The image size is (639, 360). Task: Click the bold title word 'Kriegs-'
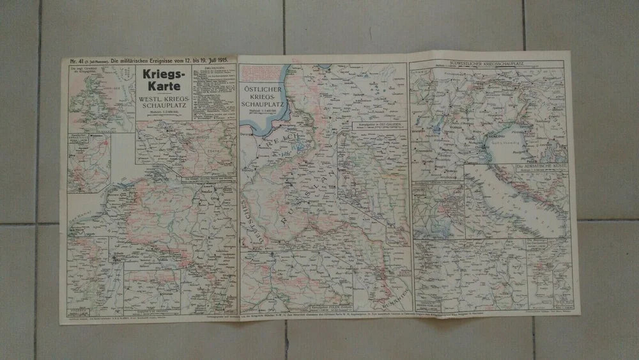[x=163, y=74]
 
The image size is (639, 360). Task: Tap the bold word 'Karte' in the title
[x=163, y=88]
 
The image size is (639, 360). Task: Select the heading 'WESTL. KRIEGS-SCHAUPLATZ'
[x=163, y=106]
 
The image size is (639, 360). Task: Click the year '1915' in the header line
[x=227, y=59]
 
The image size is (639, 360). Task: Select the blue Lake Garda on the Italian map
[x=451, y=109]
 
